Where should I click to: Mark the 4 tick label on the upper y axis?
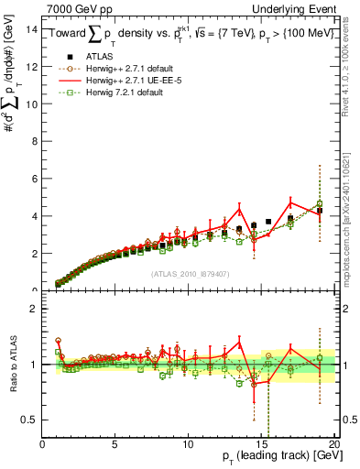(x=33, y=216)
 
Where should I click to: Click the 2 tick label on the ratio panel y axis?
(x=33, y=309)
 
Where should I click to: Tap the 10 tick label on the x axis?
(x=187, y=444)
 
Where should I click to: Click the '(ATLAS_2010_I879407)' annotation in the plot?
(x=189, y=274)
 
